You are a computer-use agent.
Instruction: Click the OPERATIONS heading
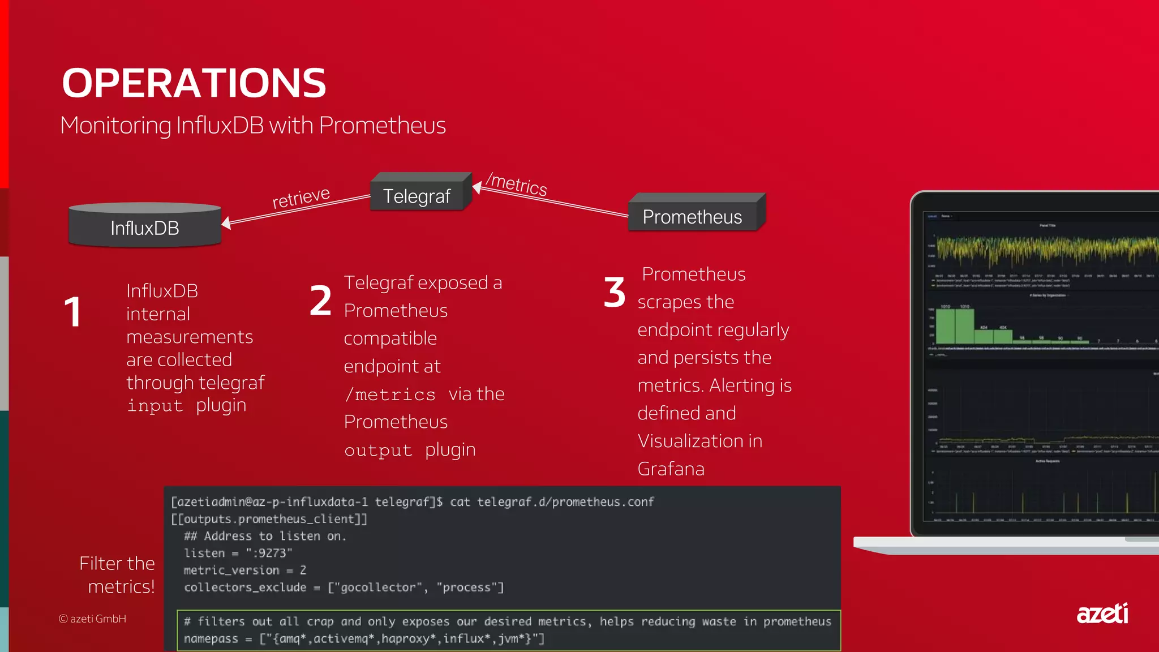194,83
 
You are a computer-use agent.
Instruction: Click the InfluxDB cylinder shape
145,226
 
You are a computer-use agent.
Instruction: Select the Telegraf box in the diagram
417,196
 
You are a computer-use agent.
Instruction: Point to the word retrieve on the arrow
301,198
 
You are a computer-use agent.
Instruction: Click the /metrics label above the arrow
517,184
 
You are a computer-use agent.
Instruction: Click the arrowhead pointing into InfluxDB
226,223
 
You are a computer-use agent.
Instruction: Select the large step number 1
73,312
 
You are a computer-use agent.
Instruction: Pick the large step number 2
320,301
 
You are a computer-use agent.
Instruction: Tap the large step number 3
614,293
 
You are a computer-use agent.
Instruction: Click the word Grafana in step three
671,469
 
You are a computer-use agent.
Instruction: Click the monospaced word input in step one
155,406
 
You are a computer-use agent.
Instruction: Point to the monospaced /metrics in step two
390,394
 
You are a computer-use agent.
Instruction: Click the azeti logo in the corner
1102,614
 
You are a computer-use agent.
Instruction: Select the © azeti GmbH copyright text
92,619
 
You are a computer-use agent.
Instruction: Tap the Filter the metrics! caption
118,574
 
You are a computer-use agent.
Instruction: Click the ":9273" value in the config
269,553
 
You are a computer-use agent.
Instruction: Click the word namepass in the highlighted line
211,638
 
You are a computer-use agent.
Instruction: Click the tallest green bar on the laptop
945,326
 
